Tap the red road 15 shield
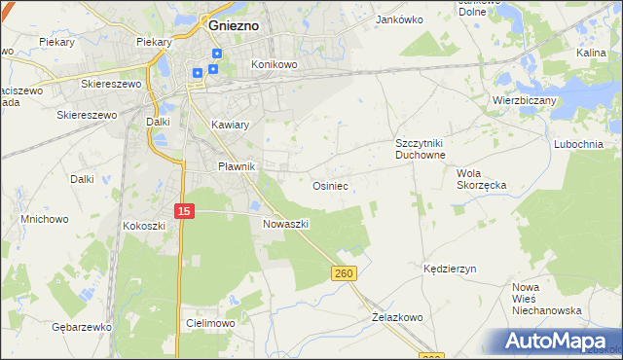click(185, 211)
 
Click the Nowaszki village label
click(285, 223)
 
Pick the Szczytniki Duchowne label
click(420, 149)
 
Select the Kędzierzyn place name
click(449, 269)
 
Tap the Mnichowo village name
click(45, 219)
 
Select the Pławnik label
click(235, 166)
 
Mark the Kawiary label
click(231, 126)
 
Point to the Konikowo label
click(274, 64)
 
